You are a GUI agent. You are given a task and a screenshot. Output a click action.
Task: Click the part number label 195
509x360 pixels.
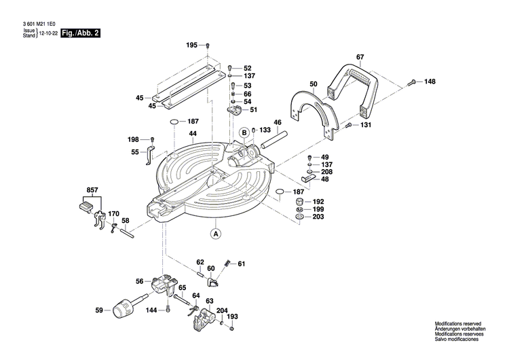(x=191, y=45)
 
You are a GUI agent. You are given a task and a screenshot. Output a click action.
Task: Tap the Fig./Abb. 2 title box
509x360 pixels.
(x=80, y=33)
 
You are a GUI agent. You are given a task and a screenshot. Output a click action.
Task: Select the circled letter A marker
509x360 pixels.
(x=216, y=234)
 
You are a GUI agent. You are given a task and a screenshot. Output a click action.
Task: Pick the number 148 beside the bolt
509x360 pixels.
(x=430, y=82)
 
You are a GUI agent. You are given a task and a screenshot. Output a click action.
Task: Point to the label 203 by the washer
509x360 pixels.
(x=318, y=217)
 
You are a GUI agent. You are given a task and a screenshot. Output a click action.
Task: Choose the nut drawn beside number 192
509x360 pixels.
(x=299, y=202)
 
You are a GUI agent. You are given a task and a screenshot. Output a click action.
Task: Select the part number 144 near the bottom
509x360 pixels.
(x=152, y=310)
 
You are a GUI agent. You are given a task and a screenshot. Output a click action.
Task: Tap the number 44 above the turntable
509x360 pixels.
(x=193, y=134)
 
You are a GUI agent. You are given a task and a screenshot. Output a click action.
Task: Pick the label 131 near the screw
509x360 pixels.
(x=366, y=125)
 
